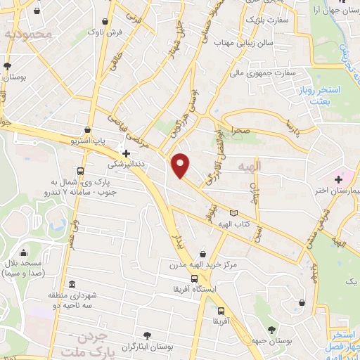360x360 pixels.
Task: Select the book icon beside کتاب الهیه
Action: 234,213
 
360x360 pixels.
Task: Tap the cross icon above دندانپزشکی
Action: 126,153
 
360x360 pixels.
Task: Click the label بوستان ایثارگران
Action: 148,347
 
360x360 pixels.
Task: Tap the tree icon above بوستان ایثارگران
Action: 147,336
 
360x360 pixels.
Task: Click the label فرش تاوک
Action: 110,32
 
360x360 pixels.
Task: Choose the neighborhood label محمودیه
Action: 27,34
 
